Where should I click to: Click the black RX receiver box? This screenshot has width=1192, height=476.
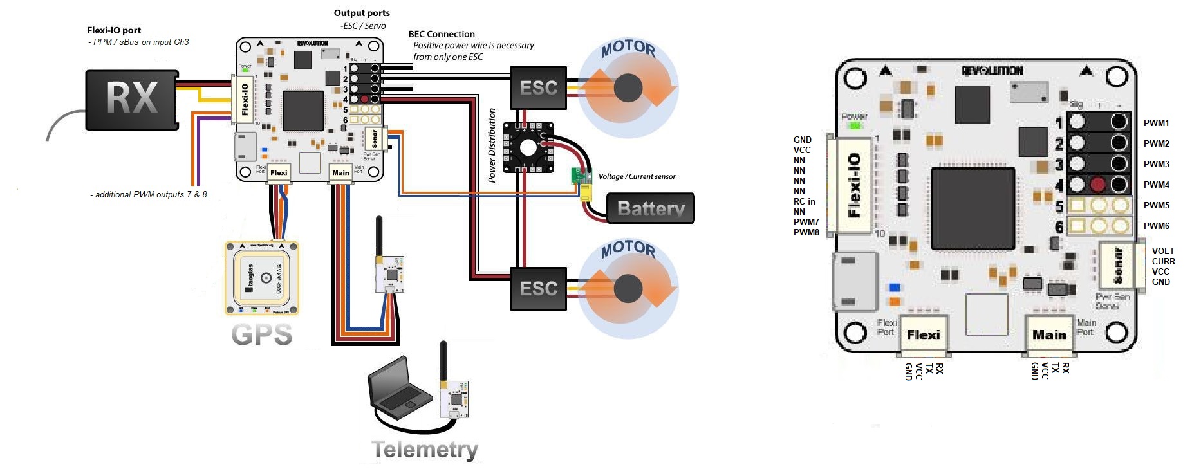click(x=132, y=99)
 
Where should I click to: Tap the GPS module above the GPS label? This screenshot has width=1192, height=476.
click(x=262, y=278)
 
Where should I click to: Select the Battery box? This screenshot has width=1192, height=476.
click(x=651, y=208)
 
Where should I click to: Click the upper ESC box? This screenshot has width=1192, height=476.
click(x=538, y=87)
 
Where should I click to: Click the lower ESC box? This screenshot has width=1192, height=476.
click(x=538, y=289)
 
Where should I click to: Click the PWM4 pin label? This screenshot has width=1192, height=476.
click(x=1156, y=185)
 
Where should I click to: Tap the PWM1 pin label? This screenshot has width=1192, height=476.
click(x=1156, y=123)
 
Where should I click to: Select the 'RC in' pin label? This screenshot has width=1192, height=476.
click(x=804, y=201)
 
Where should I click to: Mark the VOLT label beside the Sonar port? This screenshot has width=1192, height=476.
click(x=1163, y=251)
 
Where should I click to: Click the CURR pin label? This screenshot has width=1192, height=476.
click(x=1163, y=261)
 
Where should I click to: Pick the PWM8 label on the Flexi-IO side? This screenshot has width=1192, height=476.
click(x=806, y=232)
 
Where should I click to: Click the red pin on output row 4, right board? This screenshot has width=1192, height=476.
click(x=1098, y=185)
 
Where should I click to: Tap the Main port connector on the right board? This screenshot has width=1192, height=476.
click(x=1049, y=335)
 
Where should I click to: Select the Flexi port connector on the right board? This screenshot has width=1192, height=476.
click(x=923, y=335)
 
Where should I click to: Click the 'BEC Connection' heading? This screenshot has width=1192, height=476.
click(x=442, y=34)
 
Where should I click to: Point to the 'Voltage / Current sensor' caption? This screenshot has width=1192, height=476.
click(x=637, y=176)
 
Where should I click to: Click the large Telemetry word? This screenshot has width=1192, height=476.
click(x=425, y=449)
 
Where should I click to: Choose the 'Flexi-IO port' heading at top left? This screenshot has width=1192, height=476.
click(x=114, y=30)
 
